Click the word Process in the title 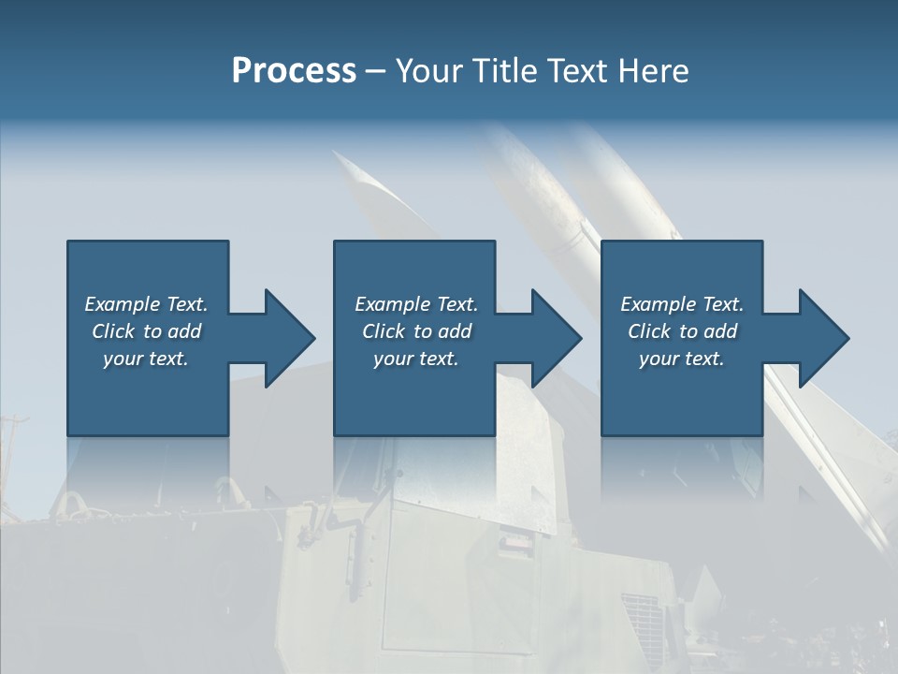(294, 71)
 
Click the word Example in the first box (123, 304)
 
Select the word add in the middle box (455, 331)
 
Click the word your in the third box (659, 359)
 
